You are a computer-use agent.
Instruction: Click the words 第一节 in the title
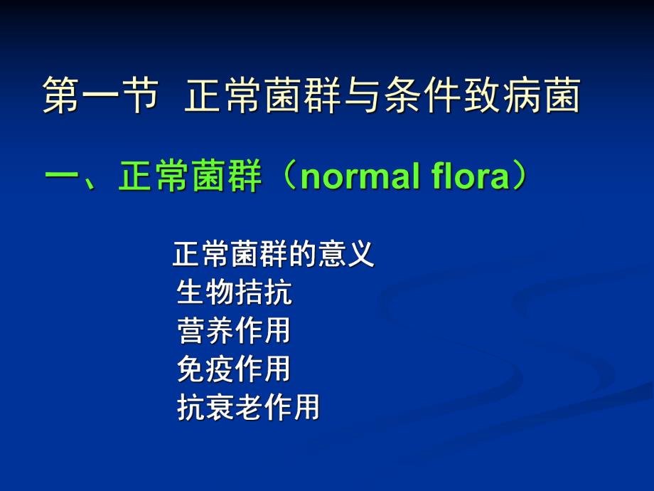click(98, 96)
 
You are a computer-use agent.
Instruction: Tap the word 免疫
click(206, 369)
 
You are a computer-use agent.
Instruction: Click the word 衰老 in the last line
click(235, 408)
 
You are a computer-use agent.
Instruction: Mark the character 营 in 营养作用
click(191, 331)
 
